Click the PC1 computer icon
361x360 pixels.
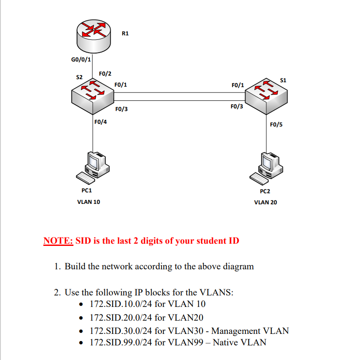point(92,167)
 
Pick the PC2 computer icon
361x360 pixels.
point(266,167)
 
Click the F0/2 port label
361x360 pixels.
point(105,73)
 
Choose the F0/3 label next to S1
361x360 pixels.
point(237,107)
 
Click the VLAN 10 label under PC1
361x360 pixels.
point(88,202)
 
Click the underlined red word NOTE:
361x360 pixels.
point(58,241)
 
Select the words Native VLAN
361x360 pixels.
point(239,342)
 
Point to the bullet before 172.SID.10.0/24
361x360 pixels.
point(81,305)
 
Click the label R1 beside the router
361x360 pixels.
point(125,33)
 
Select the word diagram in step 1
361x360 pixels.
point(238,266)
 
